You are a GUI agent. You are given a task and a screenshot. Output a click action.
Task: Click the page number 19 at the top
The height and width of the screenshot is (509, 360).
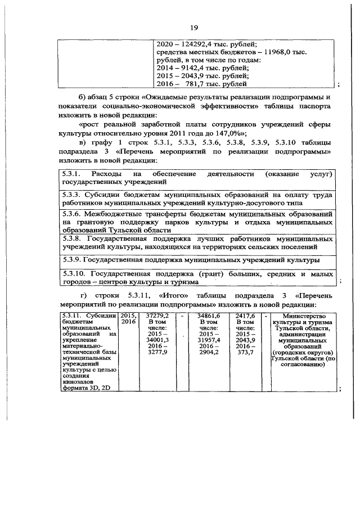tap(194, 28)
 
